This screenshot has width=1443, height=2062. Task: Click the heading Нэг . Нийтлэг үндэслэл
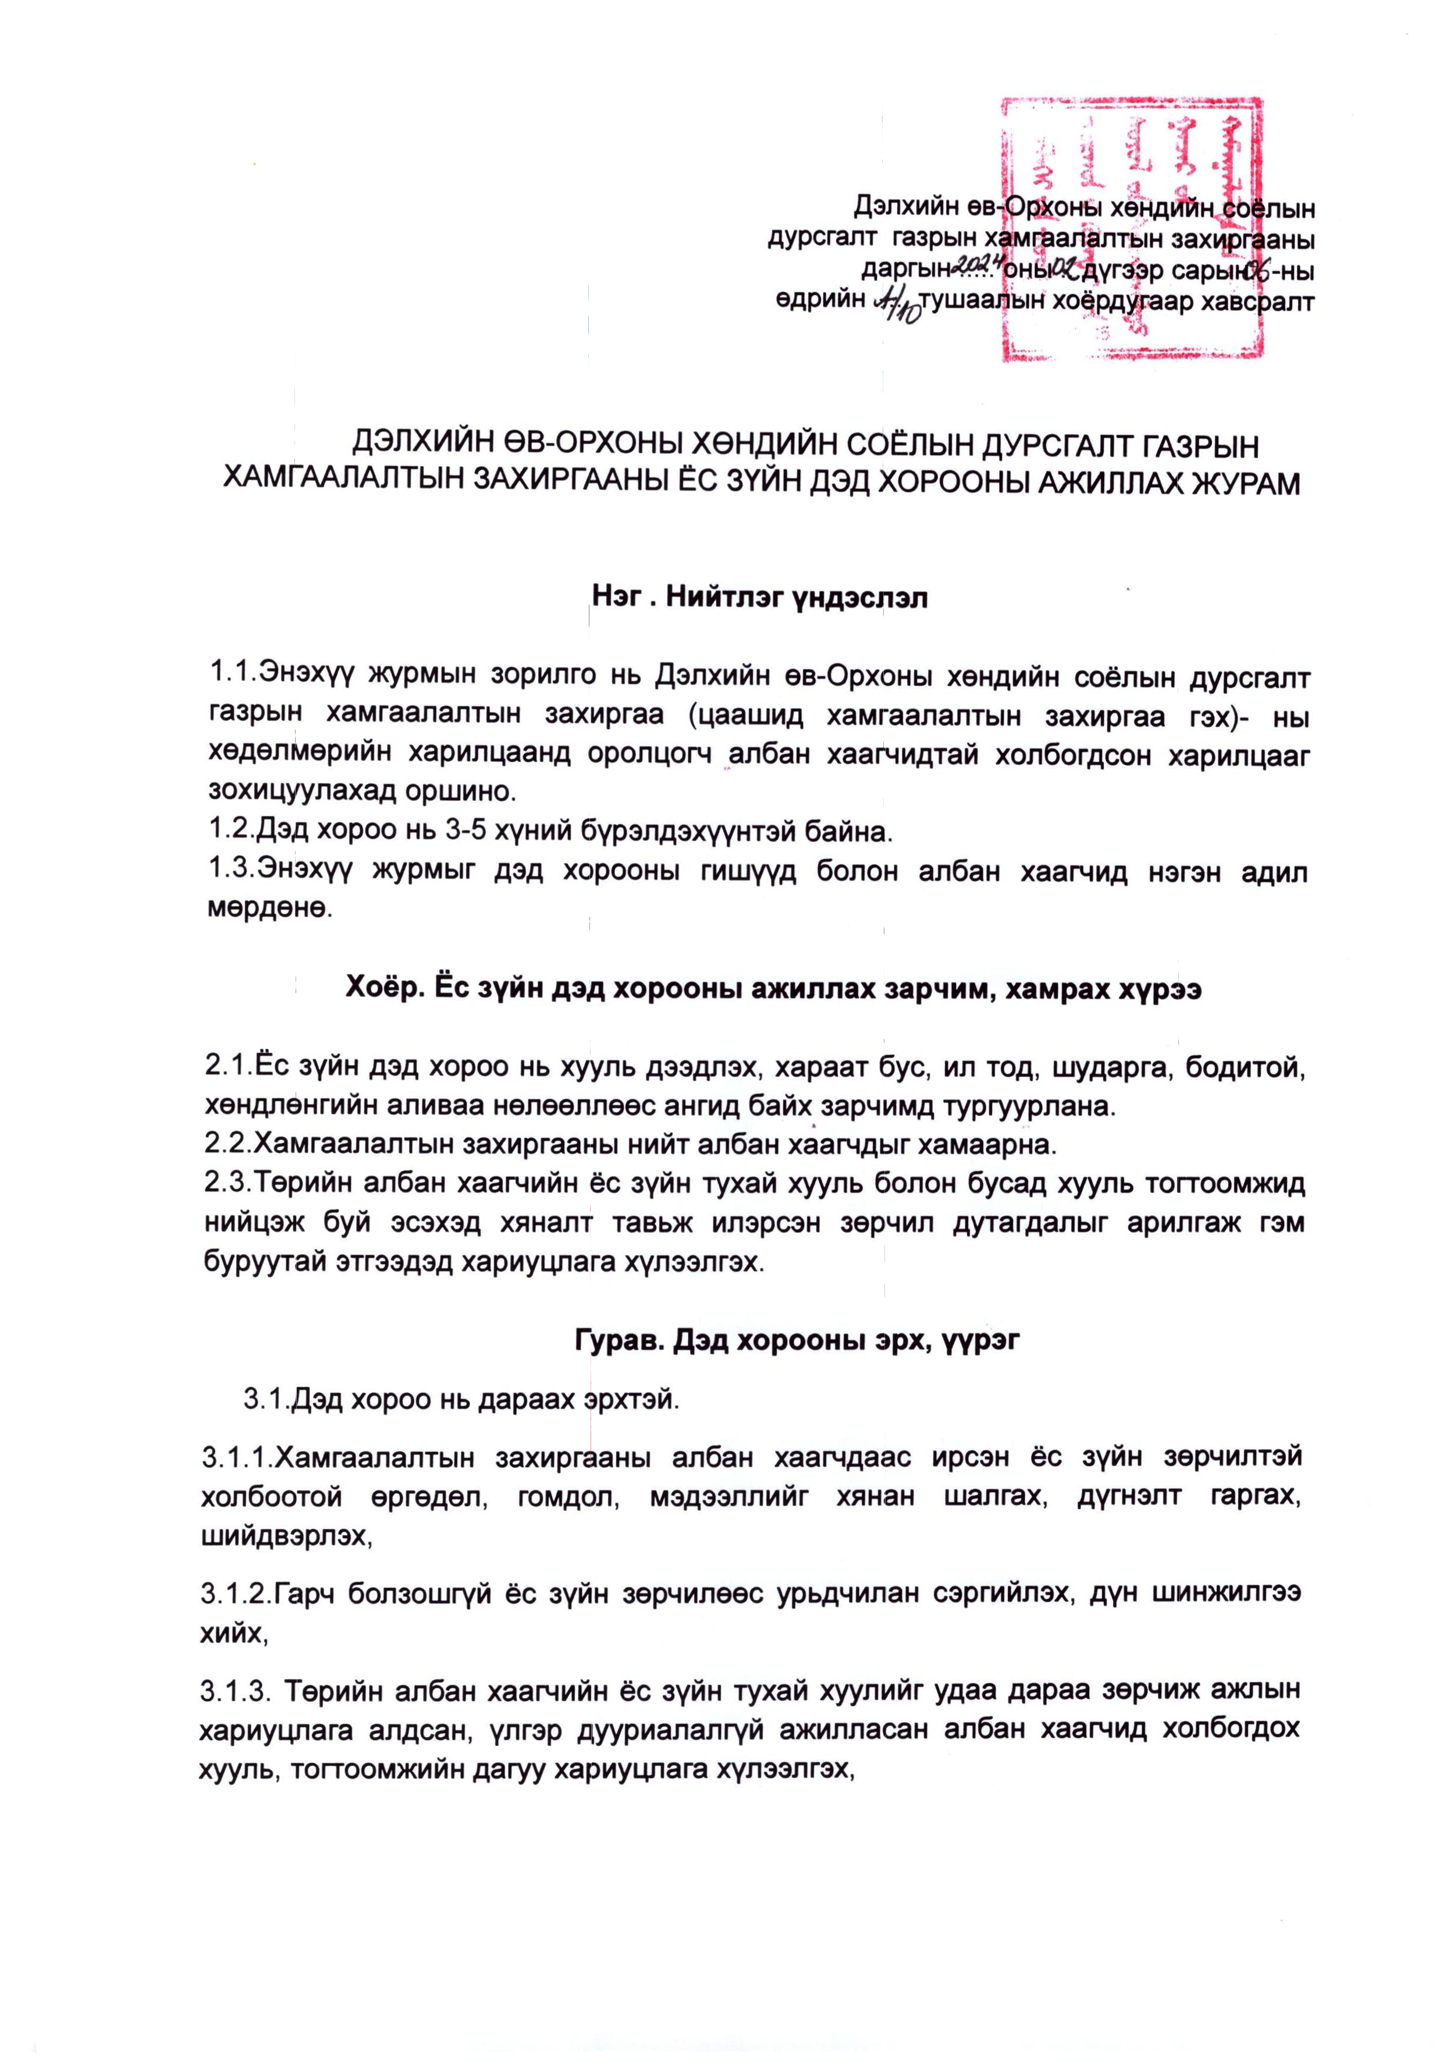coord(759,597)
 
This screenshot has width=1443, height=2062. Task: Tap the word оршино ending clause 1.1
coord(463,791)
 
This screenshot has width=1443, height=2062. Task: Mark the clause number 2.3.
coord(226,1184)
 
